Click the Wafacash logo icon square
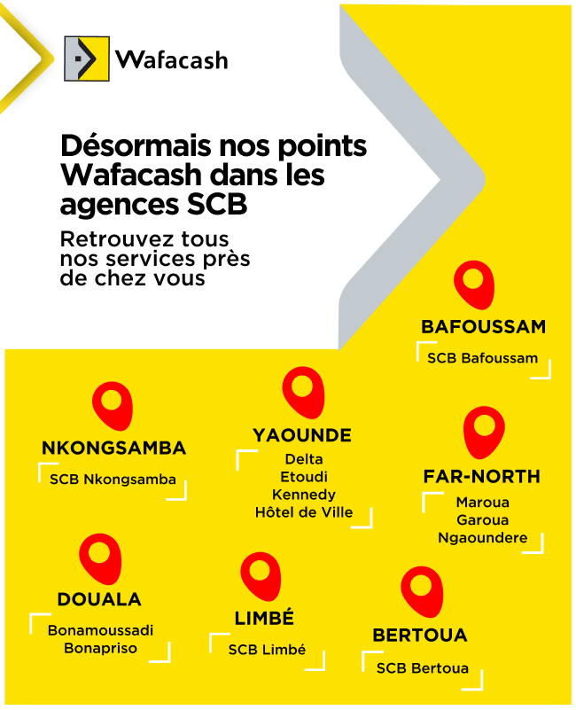[87, 59]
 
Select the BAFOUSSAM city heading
[483, 327]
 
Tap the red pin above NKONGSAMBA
[113, 405]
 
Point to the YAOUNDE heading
[302, 435]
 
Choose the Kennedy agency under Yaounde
[304, 495]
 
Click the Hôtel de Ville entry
[304, 512]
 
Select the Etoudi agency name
[304, 477]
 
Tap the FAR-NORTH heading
[481, 477]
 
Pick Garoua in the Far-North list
[482, 520]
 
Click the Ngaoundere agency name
[482, 538]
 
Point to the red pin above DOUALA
[100, 557]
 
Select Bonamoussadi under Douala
[100, 631]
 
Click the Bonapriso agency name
[100, 649]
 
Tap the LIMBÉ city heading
[264, 619]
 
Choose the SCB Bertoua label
[422, 668]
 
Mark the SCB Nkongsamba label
[113, 480]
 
